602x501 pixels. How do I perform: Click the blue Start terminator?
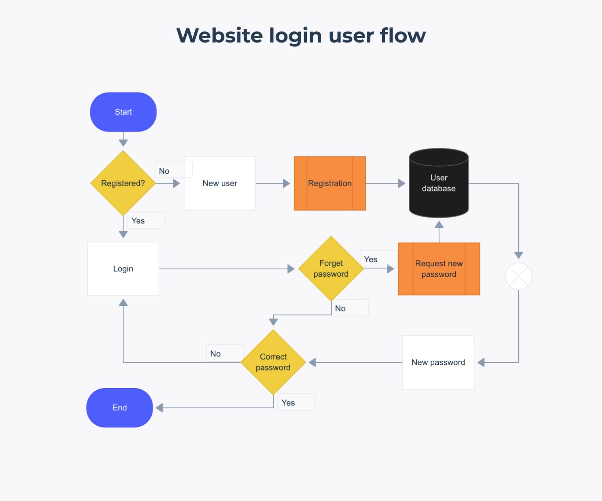123,112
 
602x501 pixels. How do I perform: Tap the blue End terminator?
119,408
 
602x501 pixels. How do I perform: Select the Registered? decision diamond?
123,183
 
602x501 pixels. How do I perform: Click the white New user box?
220,183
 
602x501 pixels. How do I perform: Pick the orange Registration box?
330,183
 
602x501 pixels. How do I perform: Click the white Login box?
123,269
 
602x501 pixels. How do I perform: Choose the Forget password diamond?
331,269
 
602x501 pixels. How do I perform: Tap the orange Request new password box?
439,269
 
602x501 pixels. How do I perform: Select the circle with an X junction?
518,276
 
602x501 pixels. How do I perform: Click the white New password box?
438,362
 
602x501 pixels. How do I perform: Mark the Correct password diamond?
273,362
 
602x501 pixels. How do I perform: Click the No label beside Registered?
164,171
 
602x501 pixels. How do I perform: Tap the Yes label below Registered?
138,221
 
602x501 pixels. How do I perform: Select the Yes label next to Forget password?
371,259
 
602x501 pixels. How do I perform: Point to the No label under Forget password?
340,308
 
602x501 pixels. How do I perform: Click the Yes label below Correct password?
288,403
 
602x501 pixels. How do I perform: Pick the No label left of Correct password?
215,354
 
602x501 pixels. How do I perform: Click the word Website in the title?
219,35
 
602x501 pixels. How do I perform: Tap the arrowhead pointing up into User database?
439,225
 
